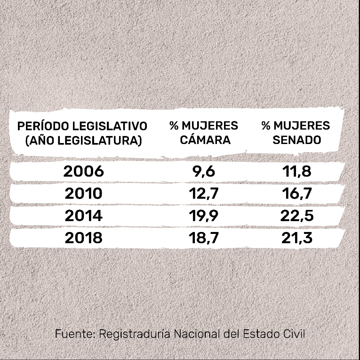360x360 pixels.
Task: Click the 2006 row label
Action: point(84,172)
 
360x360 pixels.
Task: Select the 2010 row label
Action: point(84,194)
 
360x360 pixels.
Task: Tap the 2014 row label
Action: point(84,216)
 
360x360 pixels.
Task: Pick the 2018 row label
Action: point(84,238)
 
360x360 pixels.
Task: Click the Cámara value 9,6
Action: point(204,172)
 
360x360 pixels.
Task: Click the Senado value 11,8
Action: point(297,172)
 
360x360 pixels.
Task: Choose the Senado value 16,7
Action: point(297,194)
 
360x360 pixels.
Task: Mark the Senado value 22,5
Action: point(297,216)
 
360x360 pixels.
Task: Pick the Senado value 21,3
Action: point(297,238)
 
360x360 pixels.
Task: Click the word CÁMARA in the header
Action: point(205,140)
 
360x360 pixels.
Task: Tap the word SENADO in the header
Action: point(297,140)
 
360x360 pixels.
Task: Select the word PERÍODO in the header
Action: point(43,126)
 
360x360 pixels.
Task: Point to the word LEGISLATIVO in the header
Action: point(110,126)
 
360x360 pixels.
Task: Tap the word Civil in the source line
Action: point(294,334)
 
